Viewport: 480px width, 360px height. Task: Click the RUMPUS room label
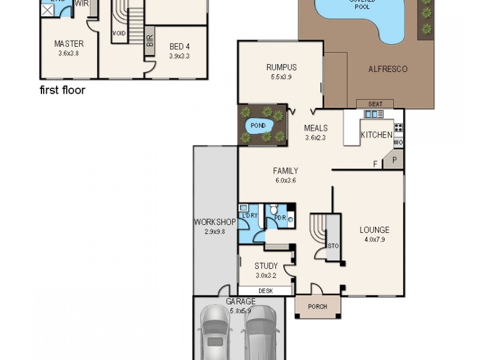(281, 68)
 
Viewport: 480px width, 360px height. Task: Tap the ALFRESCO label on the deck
(387, 69)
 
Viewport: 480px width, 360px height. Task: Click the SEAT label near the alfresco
(375, 104)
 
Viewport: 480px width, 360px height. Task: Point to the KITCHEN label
(376, 135)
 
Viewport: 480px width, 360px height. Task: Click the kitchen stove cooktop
(398, 127)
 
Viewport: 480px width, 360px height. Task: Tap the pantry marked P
(395, 160)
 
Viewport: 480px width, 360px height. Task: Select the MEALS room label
(316, 128)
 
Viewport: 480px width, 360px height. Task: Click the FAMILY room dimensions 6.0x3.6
(286, 180)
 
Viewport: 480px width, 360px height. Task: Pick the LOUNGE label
(374, 230)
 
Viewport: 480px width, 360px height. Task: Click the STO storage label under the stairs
(333, 245)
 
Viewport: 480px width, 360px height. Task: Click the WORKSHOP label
(214, 222)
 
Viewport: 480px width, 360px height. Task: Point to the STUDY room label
(266, 266)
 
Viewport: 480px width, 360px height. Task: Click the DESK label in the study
(265, 291)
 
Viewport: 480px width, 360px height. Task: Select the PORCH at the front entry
(317, 307)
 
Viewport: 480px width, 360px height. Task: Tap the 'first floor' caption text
(62, 91)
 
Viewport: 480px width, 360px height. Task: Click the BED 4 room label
(179, 46)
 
